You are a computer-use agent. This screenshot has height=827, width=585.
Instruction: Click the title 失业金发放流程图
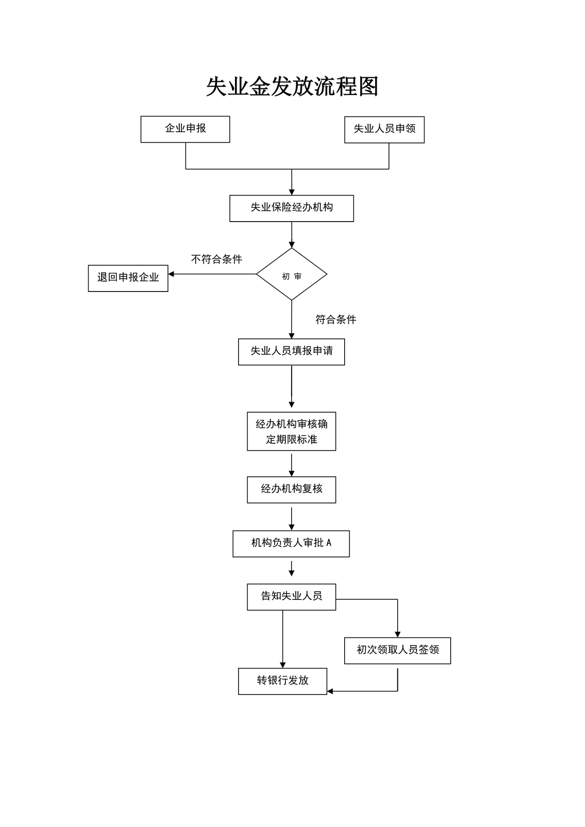pyautogui.click(x=292, y=86)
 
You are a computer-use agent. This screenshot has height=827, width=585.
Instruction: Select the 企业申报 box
pyautogui.click(x=185, y=129)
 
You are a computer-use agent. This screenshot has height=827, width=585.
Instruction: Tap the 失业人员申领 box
pyautogui.click(x=384, y=130)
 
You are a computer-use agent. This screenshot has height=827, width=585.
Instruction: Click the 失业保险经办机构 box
pyautogui.click(x=292, y=208)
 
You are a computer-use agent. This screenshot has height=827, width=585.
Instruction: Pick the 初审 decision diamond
pyautogui.click(x=292, y=275)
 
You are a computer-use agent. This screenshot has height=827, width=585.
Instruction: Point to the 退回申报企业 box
pyautogui.click(x=128, y=278)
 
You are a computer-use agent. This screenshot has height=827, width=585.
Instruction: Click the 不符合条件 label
pyautogui.click(x=217, y=260)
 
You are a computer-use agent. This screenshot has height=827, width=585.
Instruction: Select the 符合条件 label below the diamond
pyautogui.click(x=336, y=320)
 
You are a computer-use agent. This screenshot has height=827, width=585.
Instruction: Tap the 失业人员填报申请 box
pyautogui.click(x=292, y=352)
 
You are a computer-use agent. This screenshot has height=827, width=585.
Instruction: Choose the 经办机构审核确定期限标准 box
pyautogui.click(x=292, y=431)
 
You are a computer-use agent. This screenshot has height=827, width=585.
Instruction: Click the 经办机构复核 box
pyautogui.click(x=292, y=490)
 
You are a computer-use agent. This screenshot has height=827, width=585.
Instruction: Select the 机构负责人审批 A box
pyautogui.click(x=291, y=544)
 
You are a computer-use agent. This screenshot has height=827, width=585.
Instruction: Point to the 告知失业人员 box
pyautogui.click(x=292, y=597)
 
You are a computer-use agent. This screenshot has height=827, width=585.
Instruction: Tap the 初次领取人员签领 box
pyautogui.click(x=398, y=651)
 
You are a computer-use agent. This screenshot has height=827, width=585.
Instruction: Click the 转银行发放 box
pyautogui.click(x=282, y=681)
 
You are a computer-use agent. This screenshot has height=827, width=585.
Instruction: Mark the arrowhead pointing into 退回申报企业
pyautogui.click(x=171, y=274)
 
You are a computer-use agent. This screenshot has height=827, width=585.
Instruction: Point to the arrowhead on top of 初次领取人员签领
pyautogui.click(x=398, y=634)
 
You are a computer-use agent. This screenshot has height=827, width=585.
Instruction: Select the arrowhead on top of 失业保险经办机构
pyautogui.click(x=292, y=192)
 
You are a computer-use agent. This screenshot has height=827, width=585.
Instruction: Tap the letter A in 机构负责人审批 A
pyautogui.click(x=329, y=543)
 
